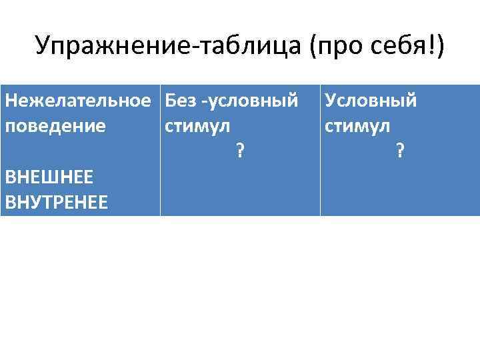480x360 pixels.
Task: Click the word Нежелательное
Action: coord(77,101)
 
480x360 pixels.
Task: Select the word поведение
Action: coord(55,126)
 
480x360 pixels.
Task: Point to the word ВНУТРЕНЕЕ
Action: coord(56,201)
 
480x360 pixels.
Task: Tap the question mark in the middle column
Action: coord(239,151)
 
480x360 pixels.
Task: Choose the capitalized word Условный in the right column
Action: coord(371,101)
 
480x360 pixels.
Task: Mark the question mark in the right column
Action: coord(399,151)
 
